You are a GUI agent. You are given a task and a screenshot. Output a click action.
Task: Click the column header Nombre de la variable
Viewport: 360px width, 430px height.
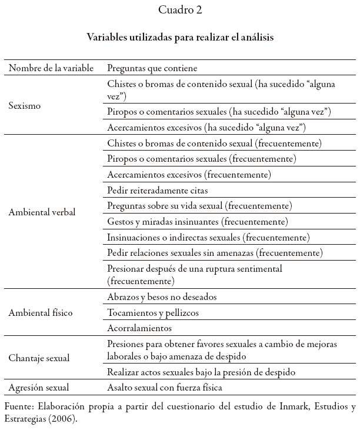pyautogui.click(x=51, y=69)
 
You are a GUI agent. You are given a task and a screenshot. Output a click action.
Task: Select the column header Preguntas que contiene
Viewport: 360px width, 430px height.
pyautogui.click(x=152, y=69)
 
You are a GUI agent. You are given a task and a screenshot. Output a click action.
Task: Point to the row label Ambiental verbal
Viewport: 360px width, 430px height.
pyautogui.click(x=42, y=212)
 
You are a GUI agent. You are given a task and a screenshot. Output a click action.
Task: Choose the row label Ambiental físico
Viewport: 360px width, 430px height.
pyautogui.click(x=40, y=312)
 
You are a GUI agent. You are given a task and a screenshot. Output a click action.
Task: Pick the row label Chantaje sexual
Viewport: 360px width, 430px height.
pyautogui.click(x=39, y=358)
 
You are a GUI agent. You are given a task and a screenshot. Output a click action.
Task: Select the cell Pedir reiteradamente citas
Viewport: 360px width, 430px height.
pyautogui.click(x=157, y=190)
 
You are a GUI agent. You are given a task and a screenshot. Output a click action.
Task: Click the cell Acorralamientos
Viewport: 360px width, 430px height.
pyautogui.click(x=139, y=328)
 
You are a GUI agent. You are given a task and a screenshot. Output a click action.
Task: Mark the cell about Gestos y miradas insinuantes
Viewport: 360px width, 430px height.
pyautogui.click(x=197, y=222)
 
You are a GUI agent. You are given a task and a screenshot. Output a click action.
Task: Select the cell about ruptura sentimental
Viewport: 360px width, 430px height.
pyautogui.click(x=195, y=275)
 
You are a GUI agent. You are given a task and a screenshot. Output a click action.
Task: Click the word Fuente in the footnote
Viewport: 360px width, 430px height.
pyautogui.click(x=19, y=407)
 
